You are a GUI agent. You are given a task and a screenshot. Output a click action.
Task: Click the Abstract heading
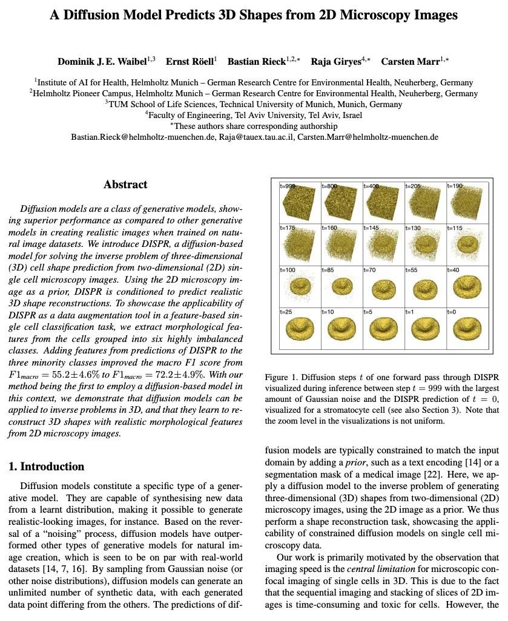[125, 185]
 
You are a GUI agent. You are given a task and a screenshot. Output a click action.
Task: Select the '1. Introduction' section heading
[46, 466]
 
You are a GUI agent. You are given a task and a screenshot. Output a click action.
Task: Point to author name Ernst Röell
[191, 62]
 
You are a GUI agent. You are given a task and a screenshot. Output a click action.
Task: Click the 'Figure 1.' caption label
[282, 378]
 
